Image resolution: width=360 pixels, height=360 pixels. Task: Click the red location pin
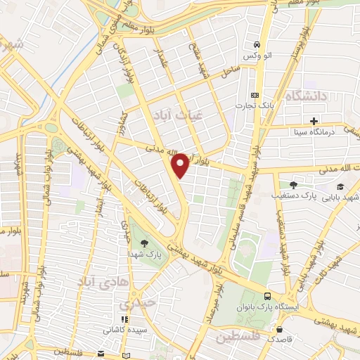(181, 165)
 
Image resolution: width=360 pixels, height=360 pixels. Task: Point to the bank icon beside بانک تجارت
(254, 96)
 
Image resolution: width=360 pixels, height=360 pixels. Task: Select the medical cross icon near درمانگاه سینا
(314, 120)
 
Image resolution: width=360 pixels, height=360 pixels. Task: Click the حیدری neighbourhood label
(134, 305)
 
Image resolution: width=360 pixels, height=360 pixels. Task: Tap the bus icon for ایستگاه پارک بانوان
(267, 297)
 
